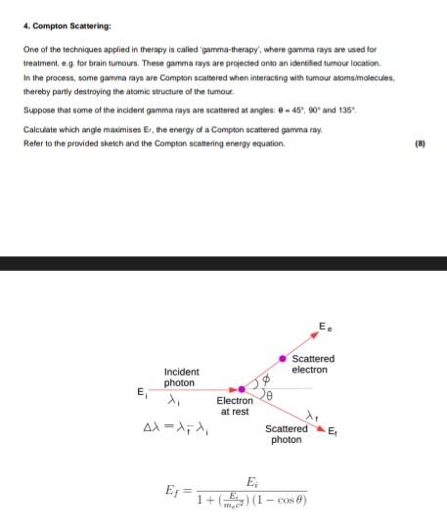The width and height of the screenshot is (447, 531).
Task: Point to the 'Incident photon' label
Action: (x=182, y=377)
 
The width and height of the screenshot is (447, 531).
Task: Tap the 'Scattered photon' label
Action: (x=286, y=434)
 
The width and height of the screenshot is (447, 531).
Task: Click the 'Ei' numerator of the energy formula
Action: (x=253, y=480)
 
